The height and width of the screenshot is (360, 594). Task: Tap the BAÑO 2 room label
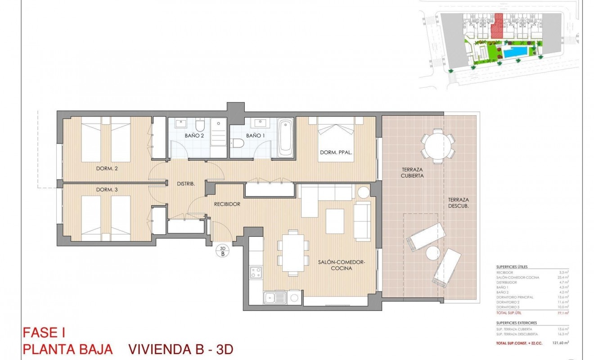[194, 135]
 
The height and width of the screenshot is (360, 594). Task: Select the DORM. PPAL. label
[336, 152]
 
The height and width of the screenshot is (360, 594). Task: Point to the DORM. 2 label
[107, 169]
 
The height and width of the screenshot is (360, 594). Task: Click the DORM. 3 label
[107, 190]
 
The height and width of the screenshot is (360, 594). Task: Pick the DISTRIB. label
[185, 184]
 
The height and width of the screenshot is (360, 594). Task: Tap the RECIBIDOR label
[227, 204]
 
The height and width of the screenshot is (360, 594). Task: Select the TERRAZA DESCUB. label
[459, 203]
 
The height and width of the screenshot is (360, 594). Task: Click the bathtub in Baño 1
[286, 137]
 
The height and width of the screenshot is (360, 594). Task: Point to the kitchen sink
[274, 297]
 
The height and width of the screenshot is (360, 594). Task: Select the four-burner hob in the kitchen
[256, 272]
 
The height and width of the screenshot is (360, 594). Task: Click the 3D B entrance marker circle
[222, 251]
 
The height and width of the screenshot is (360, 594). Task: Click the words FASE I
[44, 333]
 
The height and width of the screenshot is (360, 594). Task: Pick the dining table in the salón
[293, 252]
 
